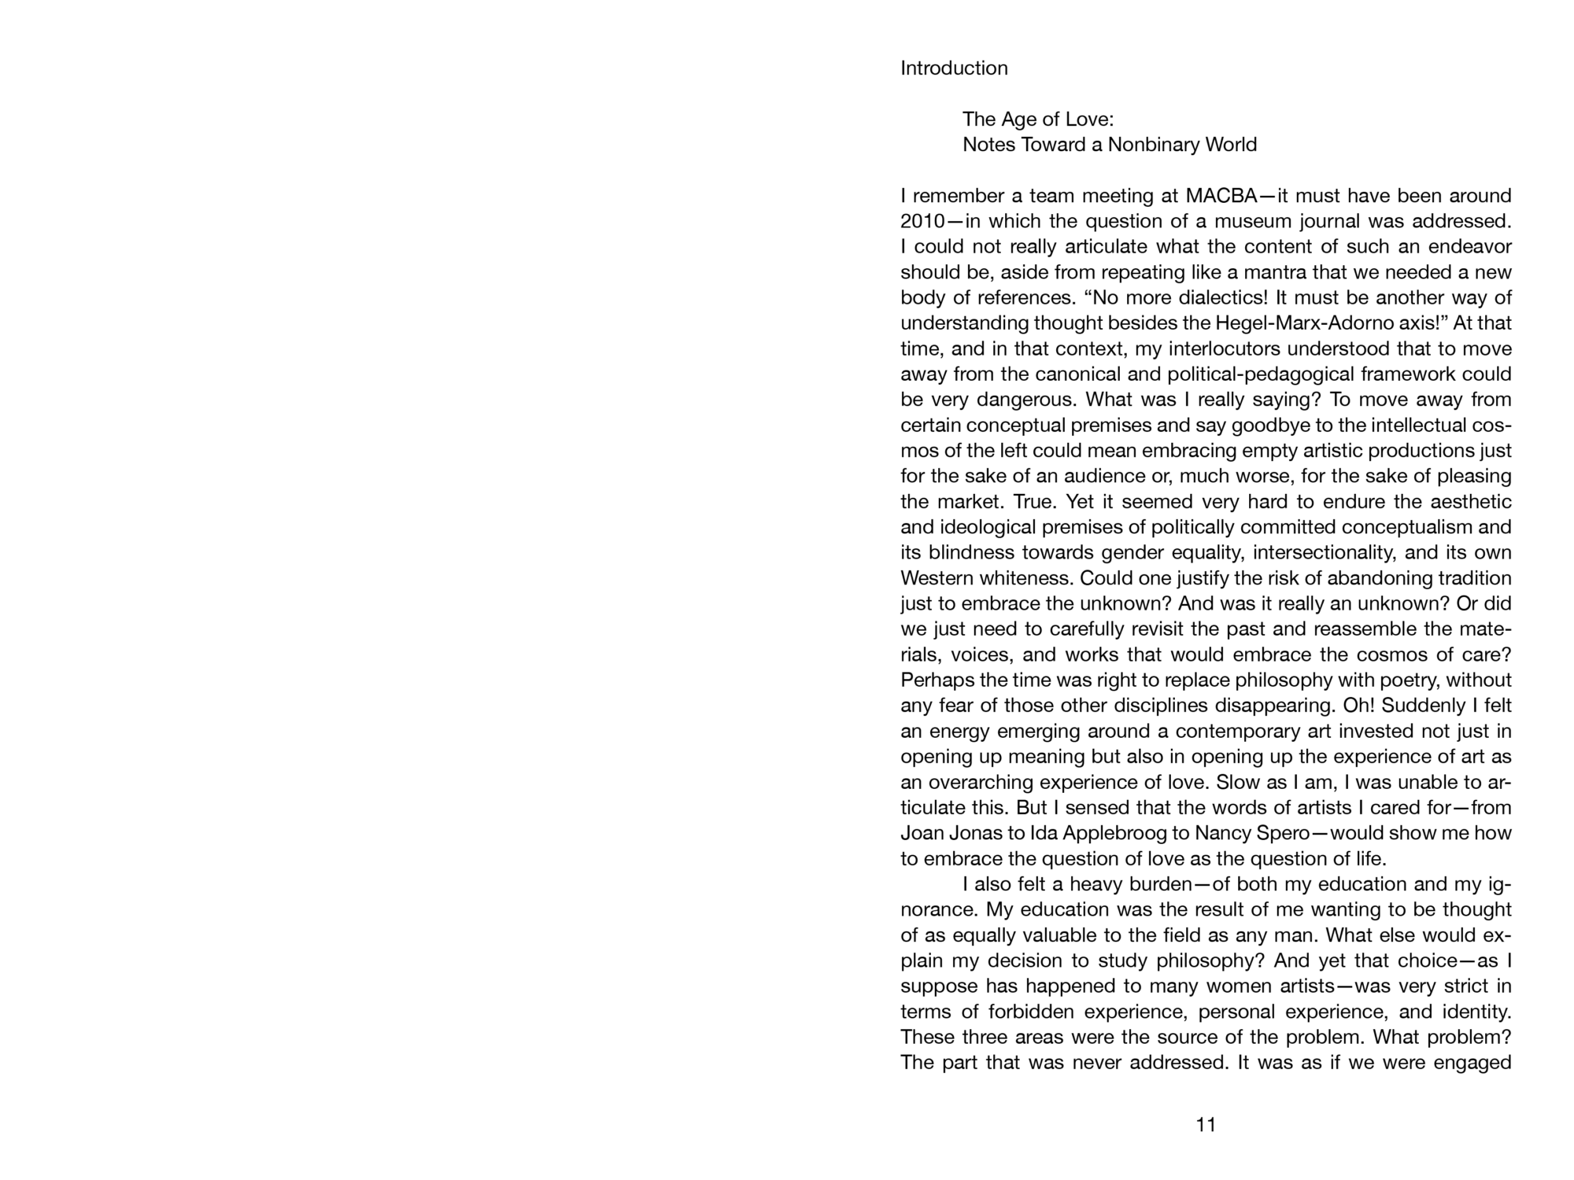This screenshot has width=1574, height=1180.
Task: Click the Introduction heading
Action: point(954,68)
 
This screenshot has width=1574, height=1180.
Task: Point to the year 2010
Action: point(922,221)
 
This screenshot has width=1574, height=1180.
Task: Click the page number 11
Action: point(1206,1125)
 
